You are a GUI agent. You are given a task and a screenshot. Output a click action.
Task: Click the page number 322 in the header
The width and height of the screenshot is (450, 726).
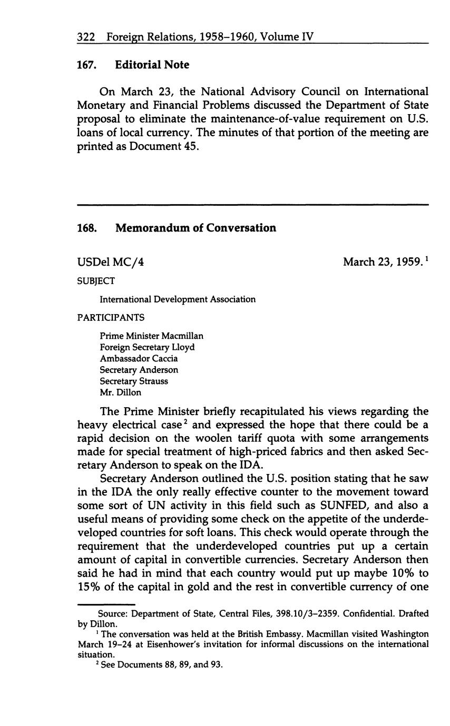point(85,37)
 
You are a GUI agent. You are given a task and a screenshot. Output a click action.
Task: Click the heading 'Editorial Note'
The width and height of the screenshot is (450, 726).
point(152,65)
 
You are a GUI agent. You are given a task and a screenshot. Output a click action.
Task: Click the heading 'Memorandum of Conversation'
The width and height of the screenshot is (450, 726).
point(195,228)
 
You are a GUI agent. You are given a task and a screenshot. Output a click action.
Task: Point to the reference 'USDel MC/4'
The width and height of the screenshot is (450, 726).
point(111,261)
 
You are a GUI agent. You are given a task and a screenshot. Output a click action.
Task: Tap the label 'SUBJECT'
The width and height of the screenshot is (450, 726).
point(96,281)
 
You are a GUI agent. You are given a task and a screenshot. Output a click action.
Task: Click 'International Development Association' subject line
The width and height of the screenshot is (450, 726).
point(178,299)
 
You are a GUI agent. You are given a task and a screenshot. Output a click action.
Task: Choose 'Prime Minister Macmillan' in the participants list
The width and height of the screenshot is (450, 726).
point(151,336)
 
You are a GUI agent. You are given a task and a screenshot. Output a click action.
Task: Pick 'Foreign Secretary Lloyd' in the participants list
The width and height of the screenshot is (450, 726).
point(147,347)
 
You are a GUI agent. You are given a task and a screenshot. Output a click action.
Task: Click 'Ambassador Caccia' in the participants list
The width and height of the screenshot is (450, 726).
point(139,358)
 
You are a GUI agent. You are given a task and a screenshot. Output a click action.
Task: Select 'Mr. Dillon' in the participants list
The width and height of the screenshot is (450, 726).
point(120,392)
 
